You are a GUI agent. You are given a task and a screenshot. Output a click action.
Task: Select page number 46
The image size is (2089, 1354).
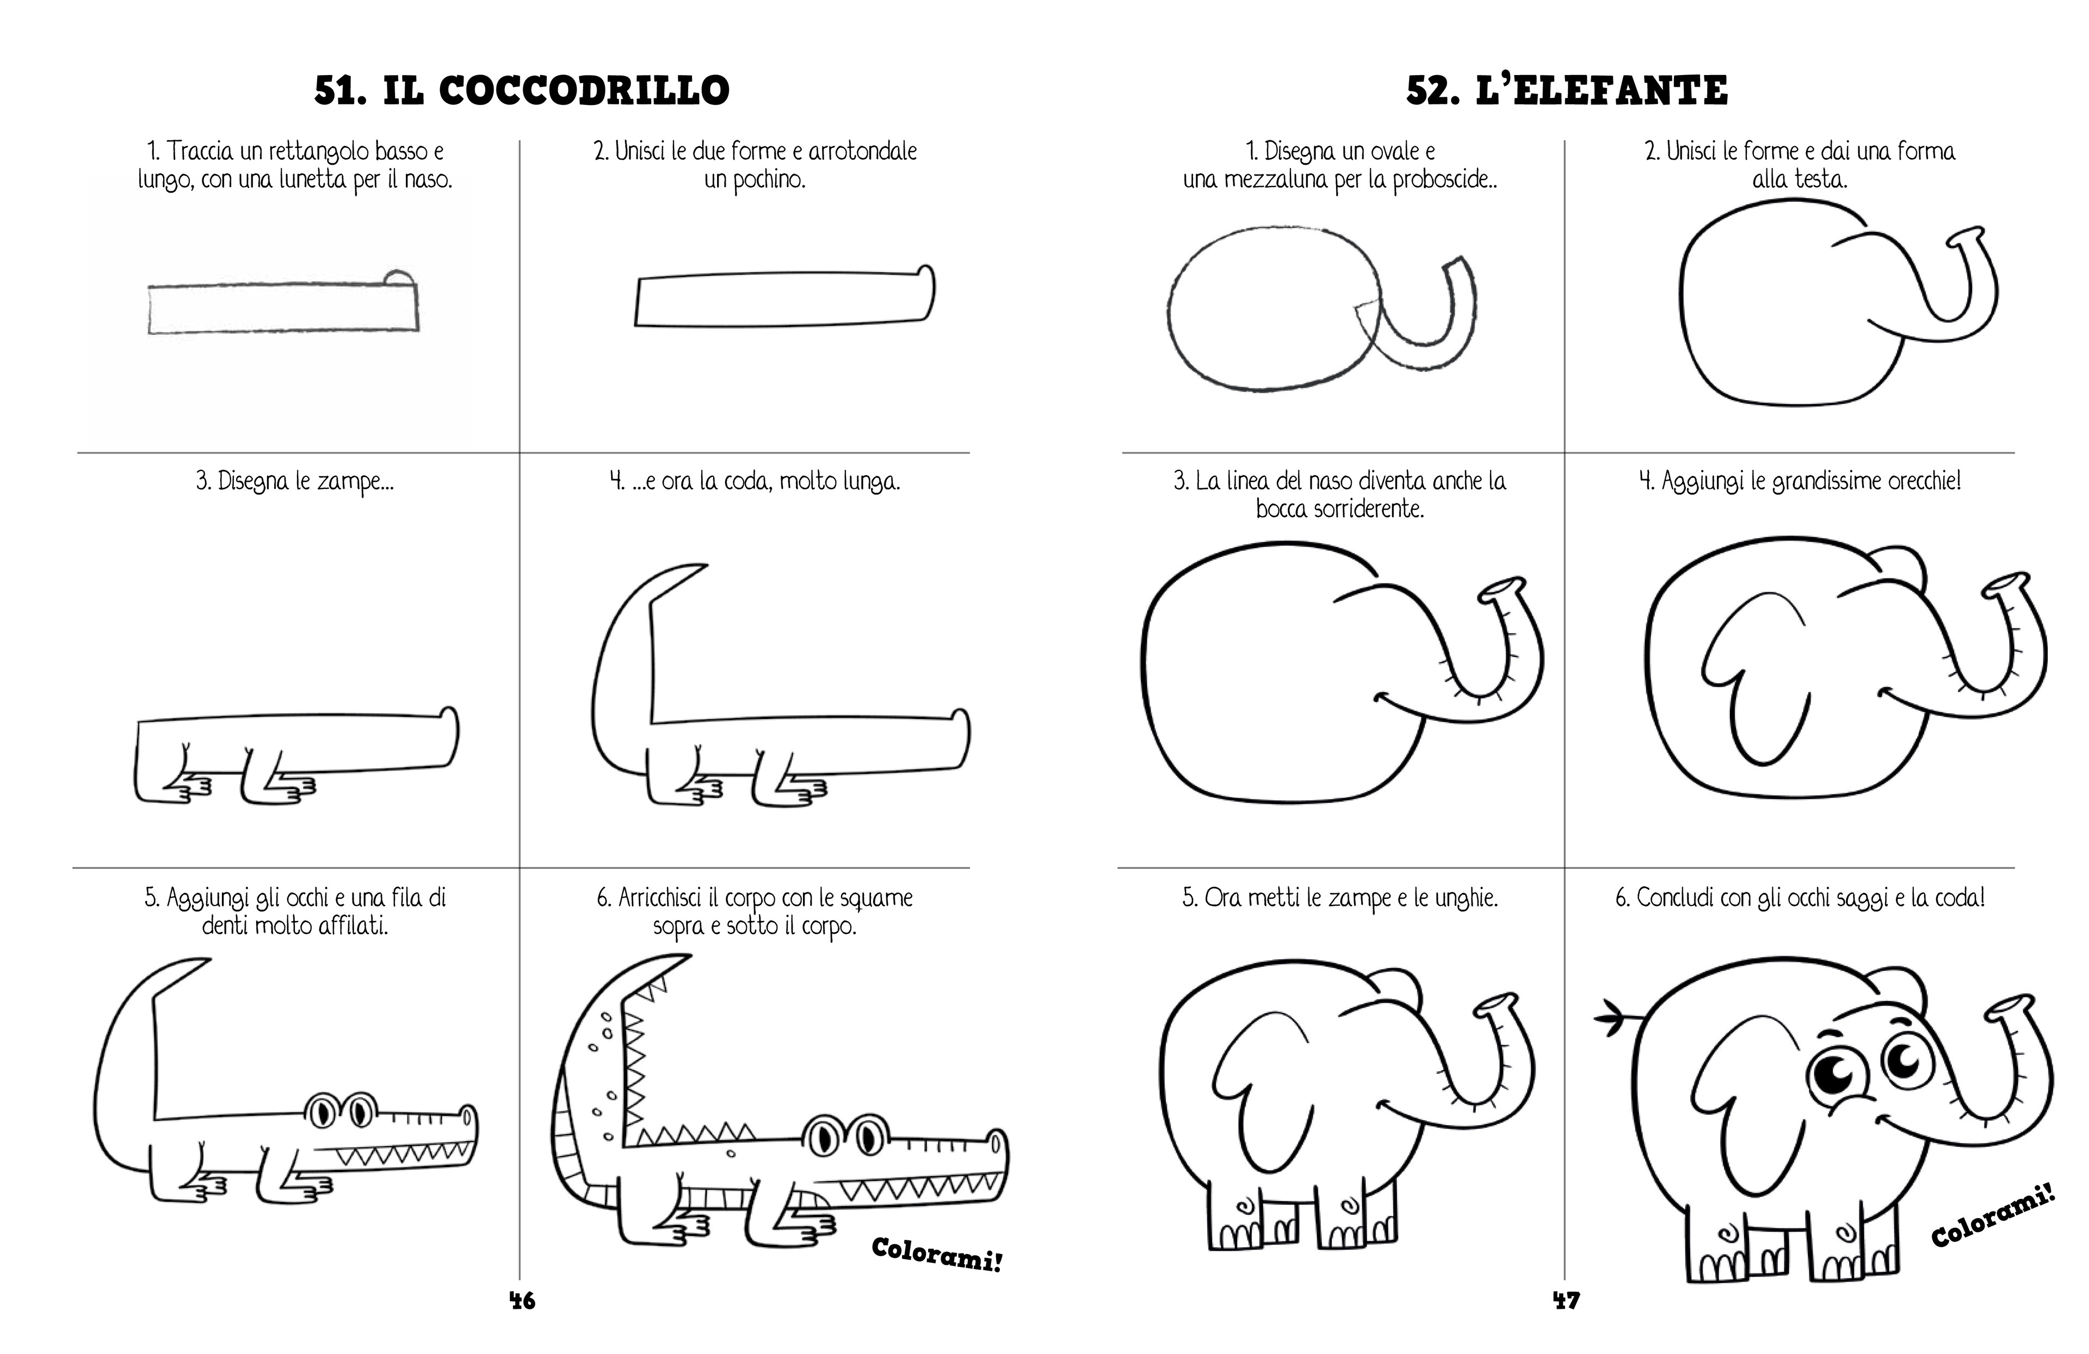[522, 1300]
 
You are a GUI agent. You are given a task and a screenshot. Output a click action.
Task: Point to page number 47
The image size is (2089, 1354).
[1567, 1300]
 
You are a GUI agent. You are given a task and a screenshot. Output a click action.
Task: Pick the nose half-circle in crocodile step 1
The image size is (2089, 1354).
[399, 278]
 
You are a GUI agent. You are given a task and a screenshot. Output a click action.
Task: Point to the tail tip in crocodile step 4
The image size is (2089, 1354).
[698, 569]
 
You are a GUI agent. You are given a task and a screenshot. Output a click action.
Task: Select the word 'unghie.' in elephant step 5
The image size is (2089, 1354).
[1466, 898]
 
